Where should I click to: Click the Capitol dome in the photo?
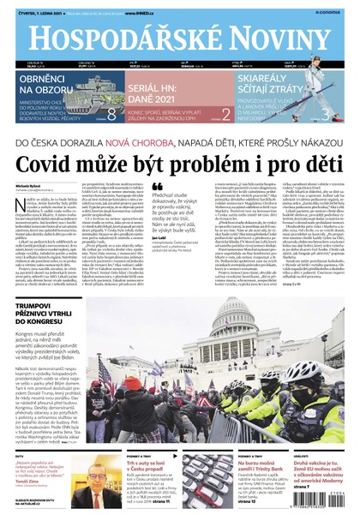point(207,321)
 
